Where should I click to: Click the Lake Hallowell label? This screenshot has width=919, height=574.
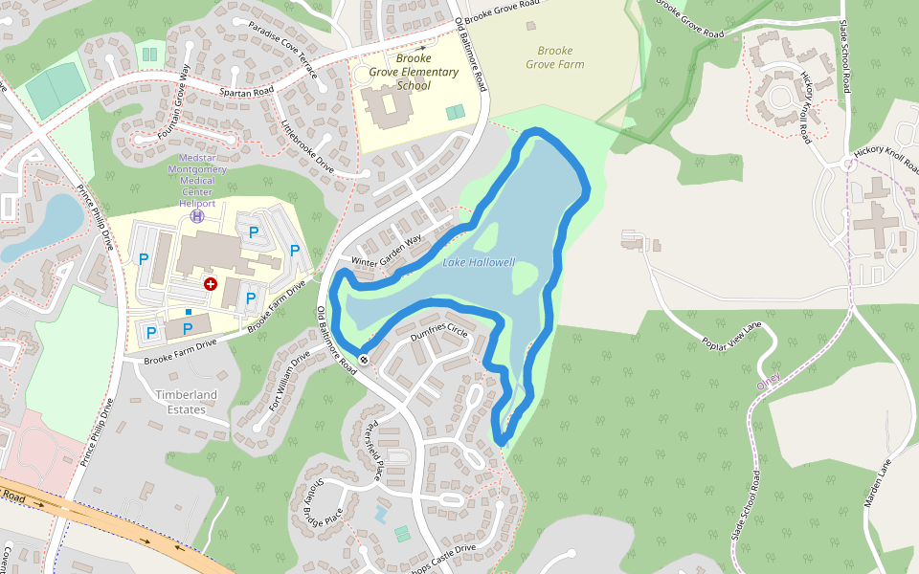[479, 263]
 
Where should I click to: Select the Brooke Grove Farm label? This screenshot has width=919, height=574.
[554, 57]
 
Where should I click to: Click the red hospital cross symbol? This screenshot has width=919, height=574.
[210, 284]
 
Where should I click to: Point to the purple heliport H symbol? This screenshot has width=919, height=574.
[197, 216]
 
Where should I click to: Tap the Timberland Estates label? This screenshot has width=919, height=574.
[187, 402]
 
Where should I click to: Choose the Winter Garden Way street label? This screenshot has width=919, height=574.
[387, 251]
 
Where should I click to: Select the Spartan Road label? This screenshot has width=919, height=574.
[247, 90]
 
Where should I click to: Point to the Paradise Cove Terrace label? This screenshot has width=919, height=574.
[281, 43]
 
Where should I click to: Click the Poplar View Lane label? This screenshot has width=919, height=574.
[731, 337]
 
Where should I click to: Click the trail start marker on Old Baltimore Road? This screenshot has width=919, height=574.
[364, 360]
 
